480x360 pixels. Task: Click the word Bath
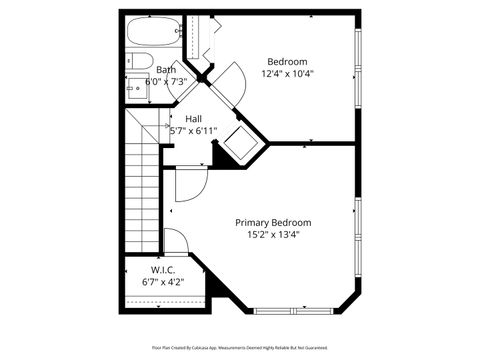tap(166, 70)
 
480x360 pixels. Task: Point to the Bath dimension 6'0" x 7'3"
tap(166, 82)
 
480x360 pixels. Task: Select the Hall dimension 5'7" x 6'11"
tap(194, 131)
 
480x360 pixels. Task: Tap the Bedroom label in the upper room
tap(287, 61)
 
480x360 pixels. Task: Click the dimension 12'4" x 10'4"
tap(287, 73)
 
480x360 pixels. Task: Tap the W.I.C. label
tap(164, 271)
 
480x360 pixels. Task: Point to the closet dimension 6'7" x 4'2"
tap(164, 283)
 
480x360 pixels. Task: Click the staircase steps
tap(143, 190)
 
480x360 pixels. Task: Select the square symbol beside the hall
tap(241, 142)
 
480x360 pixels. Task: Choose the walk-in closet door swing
tap(175, 243)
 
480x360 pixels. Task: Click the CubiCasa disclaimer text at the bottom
tap(239, 347)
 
